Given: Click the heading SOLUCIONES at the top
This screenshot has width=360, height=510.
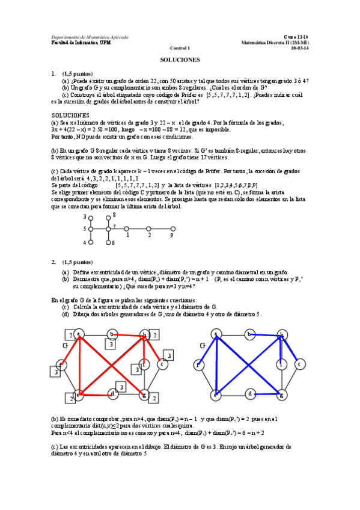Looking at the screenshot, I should tap(180, 60).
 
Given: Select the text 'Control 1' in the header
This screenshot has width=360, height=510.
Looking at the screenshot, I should tap(180, 49).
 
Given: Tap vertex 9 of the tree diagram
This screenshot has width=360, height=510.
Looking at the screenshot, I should tap(171, 229).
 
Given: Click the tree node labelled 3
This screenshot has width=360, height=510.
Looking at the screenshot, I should tap(91, 217).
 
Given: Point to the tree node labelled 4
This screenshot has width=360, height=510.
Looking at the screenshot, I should tap(91, 242).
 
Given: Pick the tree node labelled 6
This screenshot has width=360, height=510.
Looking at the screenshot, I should tap(108, 242).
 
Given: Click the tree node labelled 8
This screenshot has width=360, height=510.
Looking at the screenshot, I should tap(108, 217).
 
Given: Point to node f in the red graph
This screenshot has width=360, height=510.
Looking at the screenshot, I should tap(60, 364).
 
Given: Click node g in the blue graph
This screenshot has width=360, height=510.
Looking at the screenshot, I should tap(281, 395).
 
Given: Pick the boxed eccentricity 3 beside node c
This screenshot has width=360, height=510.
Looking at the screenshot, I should tap(169, 355).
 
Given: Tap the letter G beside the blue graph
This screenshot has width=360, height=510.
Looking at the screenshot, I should tap(203, 346).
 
